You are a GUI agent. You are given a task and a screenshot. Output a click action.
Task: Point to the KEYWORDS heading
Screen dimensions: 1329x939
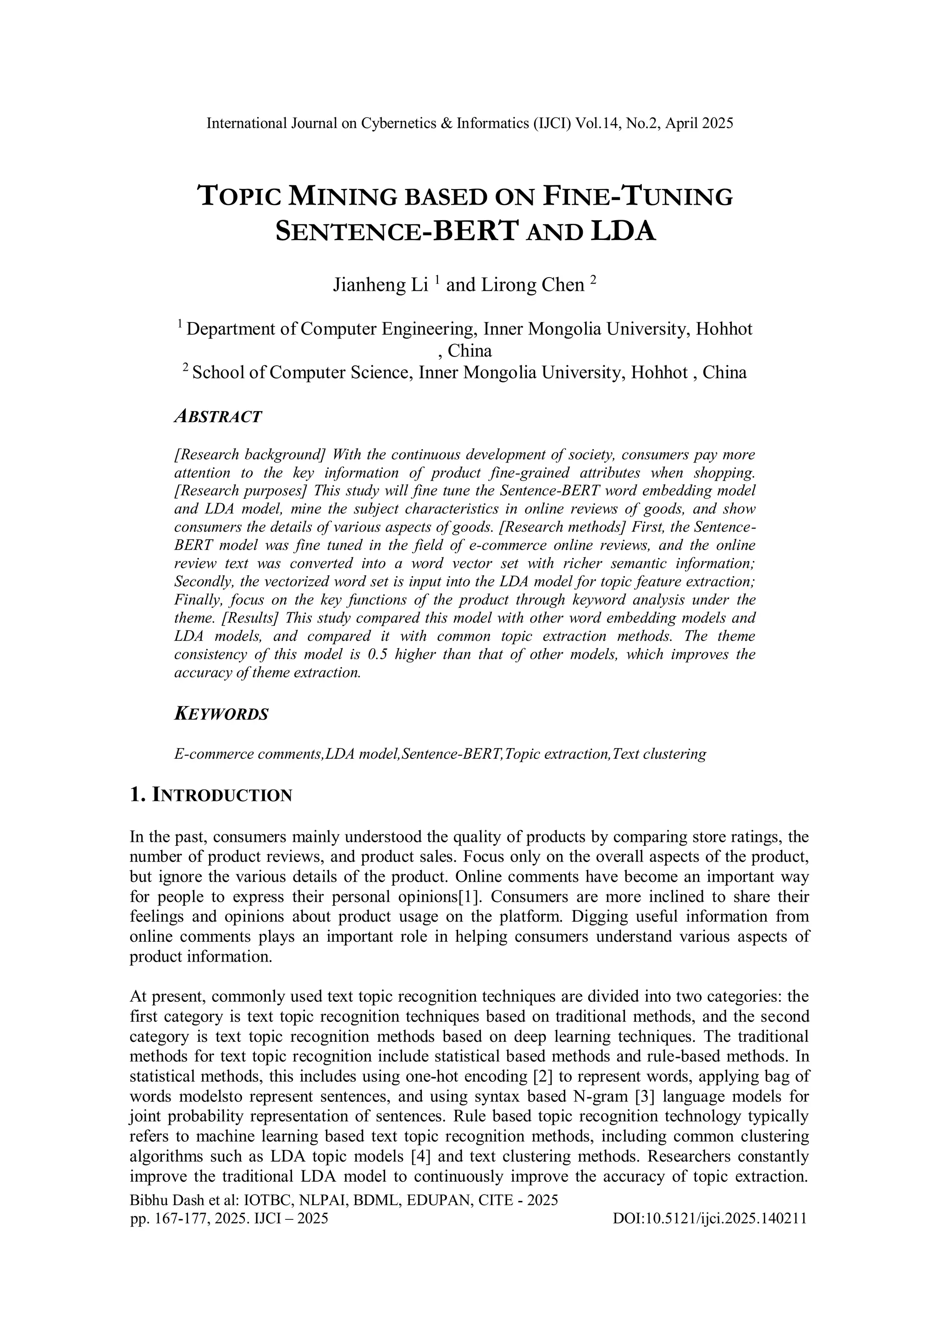pos(221,714)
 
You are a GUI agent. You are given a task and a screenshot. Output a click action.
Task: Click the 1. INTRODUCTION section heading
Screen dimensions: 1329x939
pos(211,795)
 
